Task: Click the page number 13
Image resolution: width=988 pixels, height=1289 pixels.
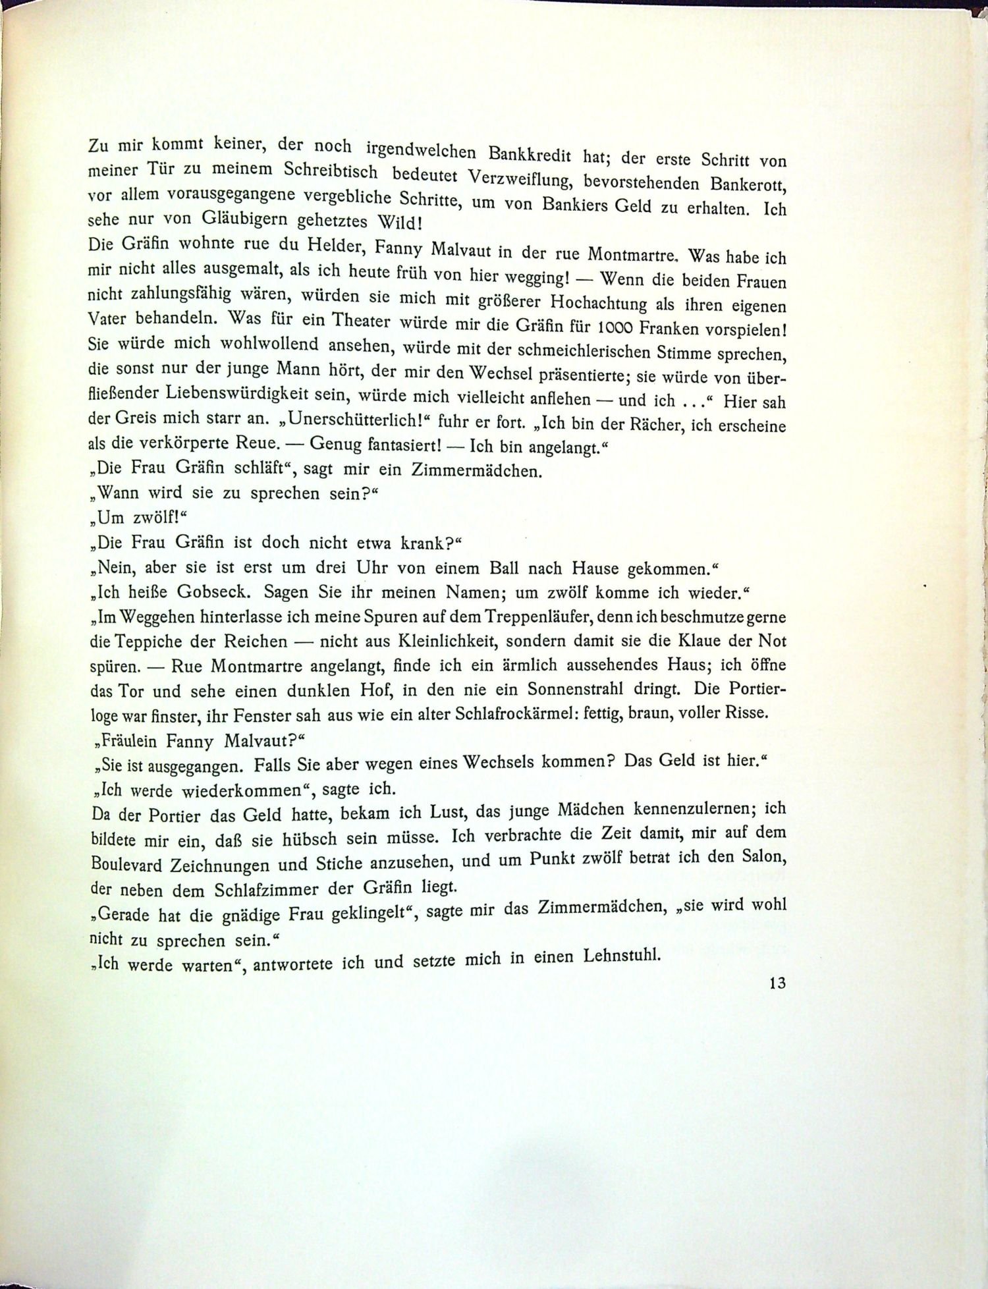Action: (x=777, y=983)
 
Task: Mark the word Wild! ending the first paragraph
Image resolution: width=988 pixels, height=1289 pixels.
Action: (x=395, y=221)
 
